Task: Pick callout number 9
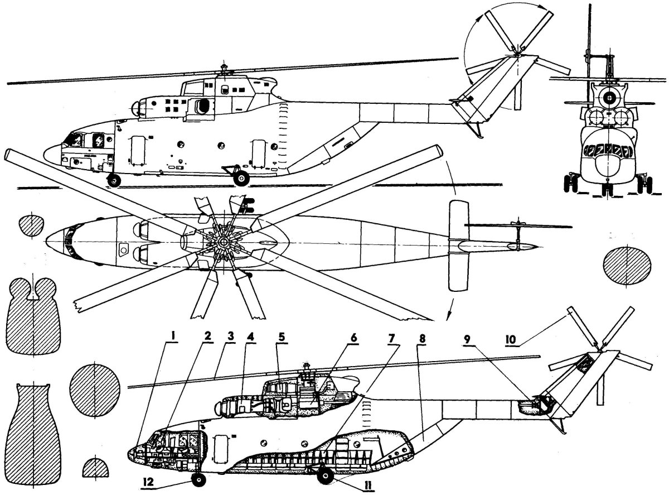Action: [x=468, y=339]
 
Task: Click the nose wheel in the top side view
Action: [x=114, y=180]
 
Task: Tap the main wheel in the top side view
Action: [x=242, y=178]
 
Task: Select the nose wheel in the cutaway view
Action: [x=199, y=479]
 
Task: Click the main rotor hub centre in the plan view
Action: [x=223, y=241]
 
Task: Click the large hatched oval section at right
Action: [x=627, y=265]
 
